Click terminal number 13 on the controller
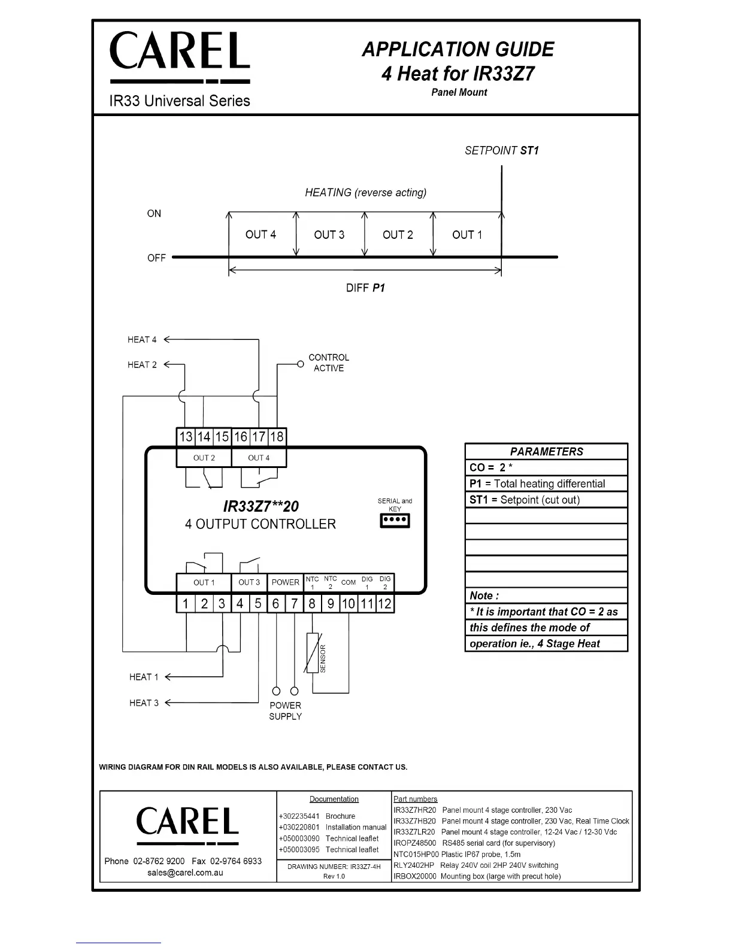coord(186,437)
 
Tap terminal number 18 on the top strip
coord(277,437)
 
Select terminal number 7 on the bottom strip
coord(294,603)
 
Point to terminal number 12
coord(384,603)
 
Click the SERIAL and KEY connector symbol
coord(395,521)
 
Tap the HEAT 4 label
coord(142,340)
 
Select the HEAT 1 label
coord(144,677)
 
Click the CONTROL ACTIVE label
coord(329,363)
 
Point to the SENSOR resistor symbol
coord(312,652)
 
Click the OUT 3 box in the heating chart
coord(329,235)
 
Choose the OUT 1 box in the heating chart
coord(467,235)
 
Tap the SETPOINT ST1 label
coord(502,151)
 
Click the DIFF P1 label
coord(365,288)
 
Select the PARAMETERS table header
coord(546,452)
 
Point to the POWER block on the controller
coord(285,582)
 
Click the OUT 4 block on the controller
coord(259,458)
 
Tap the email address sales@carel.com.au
coord(185,873)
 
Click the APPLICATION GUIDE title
coord(458,49)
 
